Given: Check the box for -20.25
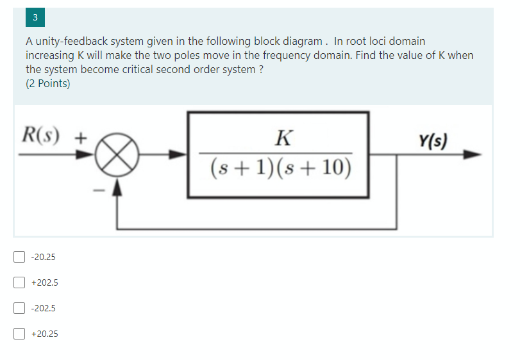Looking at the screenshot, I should click(x=19, y=257).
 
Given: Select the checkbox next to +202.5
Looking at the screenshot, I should click(x=19, y=282).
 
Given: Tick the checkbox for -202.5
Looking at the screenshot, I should click(x=19, y=307).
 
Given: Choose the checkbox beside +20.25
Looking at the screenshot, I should click(x=19, y=333).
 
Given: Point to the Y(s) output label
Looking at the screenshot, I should click(x=434, y=140).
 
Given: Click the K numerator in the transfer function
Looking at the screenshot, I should click(x=281, y=136).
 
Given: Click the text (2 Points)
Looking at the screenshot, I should click(x=48, y=83).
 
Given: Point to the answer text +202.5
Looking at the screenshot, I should click(x=44, y=282).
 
